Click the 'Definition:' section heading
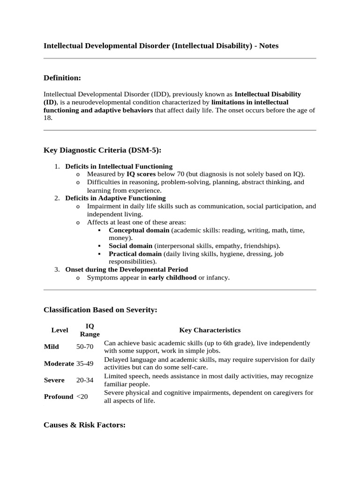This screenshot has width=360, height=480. point(62,77)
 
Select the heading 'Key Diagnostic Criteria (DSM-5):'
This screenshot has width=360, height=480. point(102,150)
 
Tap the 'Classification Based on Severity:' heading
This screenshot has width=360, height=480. point(100,310)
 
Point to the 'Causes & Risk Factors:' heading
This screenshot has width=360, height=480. point(84,425)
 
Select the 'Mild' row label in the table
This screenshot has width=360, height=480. point(52,347)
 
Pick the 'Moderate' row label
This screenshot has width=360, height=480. point(59,363)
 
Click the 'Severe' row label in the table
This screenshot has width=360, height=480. point(54,380)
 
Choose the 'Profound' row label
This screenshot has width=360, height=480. point(59,397)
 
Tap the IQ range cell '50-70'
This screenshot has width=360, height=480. point(85,347)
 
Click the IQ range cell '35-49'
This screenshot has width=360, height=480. point(85,363)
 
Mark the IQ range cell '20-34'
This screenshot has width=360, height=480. point(85,380)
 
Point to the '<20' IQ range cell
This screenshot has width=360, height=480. point(82,397)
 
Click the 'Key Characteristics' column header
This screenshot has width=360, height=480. point(210,330)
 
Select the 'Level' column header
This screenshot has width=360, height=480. point(60,330)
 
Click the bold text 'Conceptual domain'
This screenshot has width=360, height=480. point(139,230)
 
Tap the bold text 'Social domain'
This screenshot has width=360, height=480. point(130,246)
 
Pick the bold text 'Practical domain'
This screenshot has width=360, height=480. point(135,254)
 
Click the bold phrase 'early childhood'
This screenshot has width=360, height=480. point(172,277)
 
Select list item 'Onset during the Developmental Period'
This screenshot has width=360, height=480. point(127,270)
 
